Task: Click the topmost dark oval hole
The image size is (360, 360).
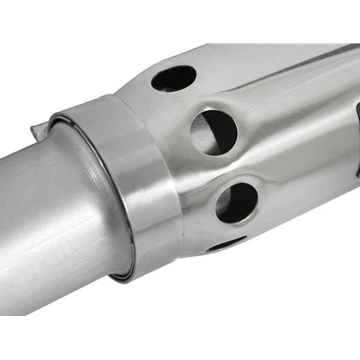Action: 174,78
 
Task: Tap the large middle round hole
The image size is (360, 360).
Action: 214,132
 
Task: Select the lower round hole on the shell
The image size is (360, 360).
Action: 236,202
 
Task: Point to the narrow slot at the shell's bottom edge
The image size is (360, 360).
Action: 224,245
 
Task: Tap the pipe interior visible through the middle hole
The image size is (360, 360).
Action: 209,137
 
